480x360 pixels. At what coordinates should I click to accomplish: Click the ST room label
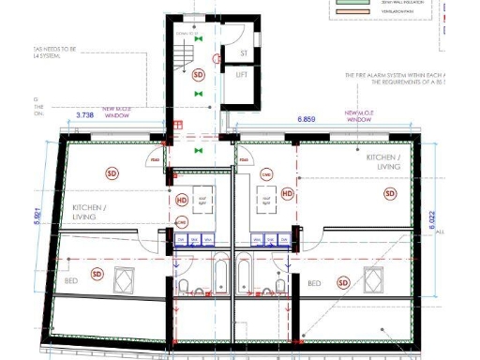click(243, 53)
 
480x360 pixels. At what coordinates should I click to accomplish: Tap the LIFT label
click(242, 73)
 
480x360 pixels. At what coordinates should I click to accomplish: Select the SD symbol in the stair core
click(198, 74)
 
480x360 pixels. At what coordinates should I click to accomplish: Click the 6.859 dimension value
click(306, 120)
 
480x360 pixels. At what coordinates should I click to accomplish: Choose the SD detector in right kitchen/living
click(390, 193)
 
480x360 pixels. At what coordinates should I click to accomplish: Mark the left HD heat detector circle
click(182, 199)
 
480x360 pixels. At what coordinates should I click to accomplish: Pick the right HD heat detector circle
click(288, 194)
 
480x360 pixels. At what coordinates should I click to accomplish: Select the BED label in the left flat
click(69, 280)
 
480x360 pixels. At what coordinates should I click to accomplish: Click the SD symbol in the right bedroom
click(343, 282)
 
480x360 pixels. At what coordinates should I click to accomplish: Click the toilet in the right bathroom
click(279, 284)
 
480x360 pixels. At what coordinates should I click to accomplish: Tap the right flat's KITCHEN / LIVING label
click(382, 161)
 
